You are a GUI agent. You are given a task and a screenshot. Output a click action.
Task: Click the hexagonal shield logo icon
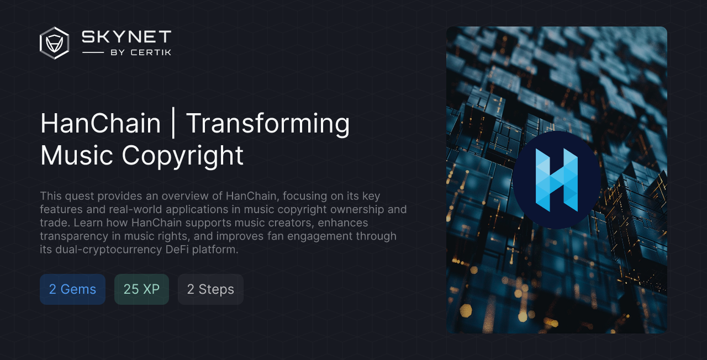tap(54, 43)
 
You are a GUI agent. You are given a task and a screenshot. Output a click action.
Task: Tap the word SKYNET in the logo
tap(126, 37)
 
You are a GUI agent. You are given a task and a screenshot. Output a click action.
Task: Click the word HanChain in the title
tap(101, 123)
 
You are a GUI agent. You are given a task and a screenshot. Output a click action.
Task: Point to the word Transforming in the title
tap(268, 123)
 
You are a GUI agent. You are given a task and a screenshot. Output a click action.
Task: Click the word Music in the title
tap(77, 155)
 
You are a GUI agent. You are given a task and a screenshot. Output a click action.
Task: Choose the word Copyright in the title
tap(183, 155)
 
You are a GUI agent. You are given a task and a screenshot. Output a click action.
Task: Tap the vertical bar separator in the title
tap(173, 123)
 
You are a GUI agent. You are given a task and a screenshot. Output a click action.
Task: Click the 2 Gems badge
tap(72, 289)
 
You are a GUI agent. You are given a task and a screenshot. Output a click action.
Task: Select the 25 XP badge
tap(141, 289)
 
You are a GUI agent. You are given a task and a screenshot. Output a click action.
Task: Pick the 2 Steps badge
tap(210, 289)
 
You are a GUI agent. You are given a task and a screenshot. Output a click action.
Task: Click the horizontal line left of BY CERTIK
tap(93, 52)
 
